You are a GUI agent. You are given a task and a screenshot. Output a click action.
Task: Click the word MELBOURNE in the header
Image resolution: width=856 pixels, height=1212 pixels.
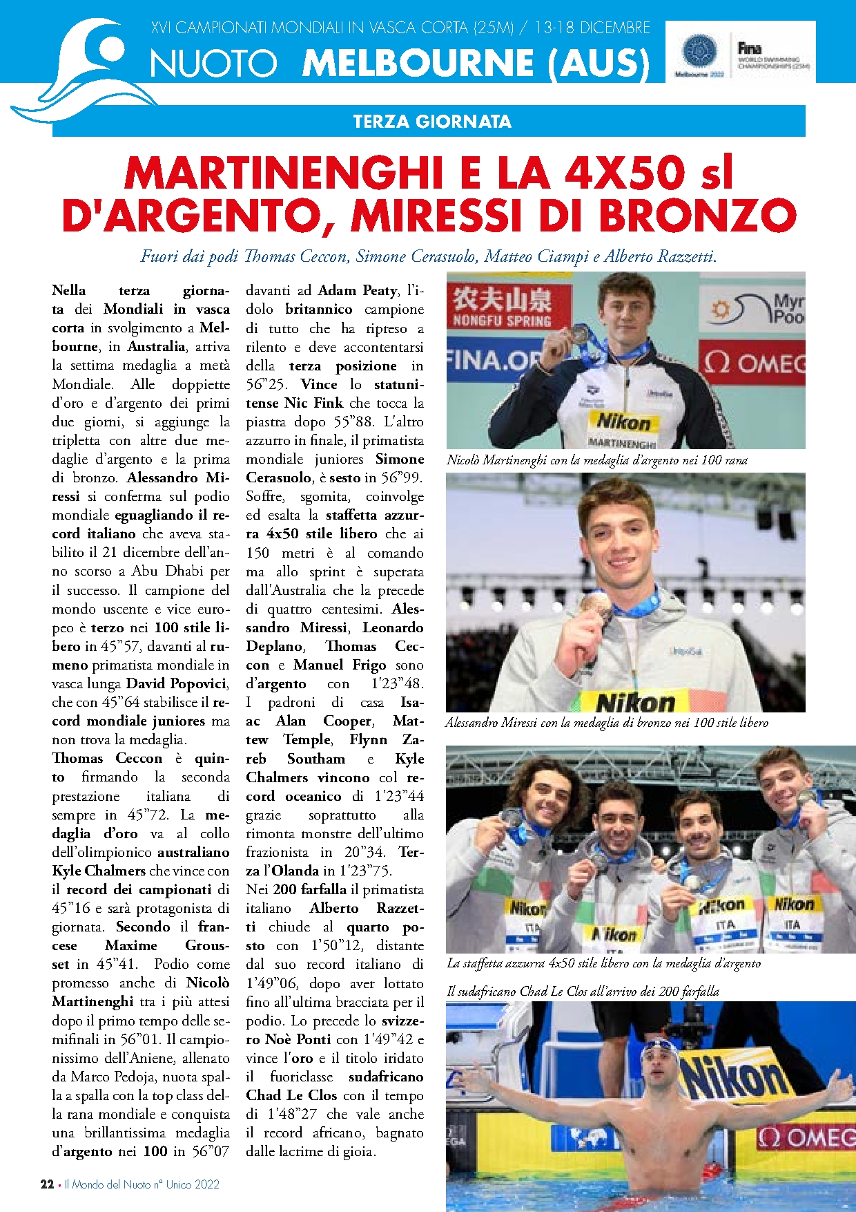coord(417,63)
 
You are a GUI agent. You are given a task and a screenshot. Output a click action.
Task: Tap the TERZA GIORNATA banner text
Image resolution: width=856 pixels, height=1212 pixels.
coord(432,122)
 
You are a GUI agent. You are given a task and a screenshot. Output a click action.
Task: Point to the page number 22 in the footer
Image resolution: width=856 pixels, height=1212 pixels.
coord(47,1184)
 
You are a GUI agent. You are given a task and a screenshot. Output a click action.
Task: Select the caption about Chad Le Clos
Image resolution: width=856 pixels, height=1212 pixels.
coord(583,991)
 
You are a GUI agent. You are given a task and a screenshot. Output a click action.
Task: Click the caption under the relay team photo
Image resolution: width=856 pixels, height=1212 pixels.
coord(603,963)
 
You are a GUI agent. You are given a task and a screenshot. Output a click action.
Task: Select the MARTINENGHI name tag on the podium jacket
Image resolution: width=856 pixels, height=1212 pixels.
coord(622,442)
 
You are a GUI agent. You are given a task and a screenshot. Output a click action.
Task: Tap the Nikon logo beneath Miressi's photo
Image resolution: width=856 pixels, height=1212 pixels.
coord(636,703)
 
